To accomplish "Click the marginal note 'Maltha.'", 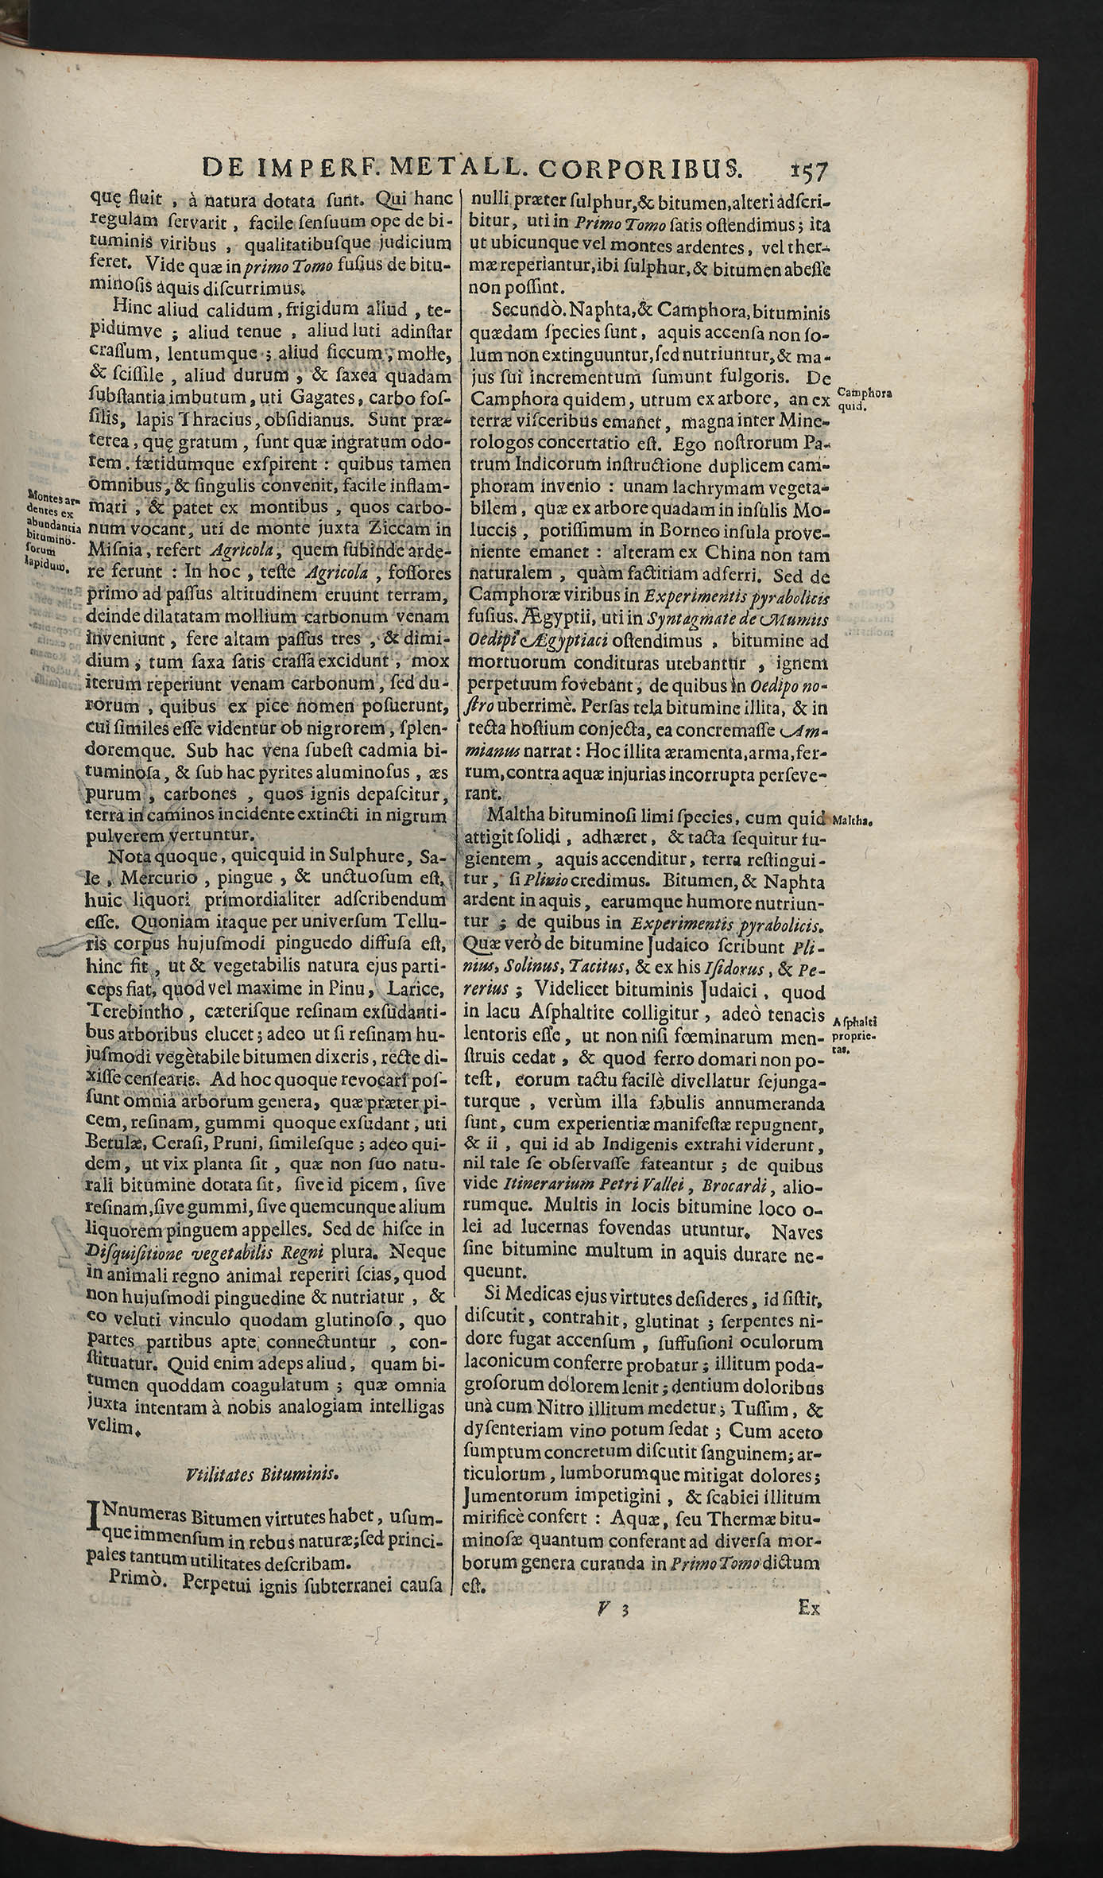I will pyautogui.click(x=852, y=819).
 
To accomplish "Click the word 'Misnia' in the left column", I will pyautogui.click(x=118, y=549).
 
